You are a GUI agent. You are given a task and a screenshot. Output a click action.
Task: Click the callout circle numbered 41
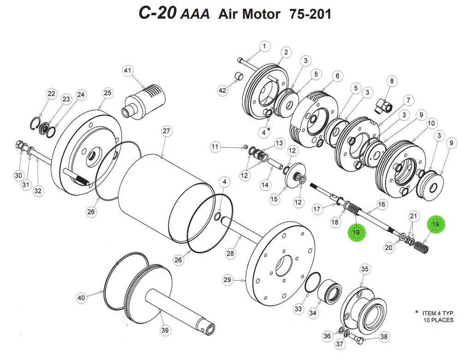click(x=127, y=71)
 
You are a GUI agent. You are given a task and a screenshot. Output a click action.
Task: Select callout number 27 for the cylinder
click(x=166, y=131)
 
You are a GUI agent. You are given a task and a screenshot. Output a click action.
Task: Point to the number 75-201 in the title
click(x=310, y=14)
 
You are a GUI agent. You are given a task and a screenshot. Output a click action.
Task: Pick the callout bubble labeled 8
click(x=391, y=82)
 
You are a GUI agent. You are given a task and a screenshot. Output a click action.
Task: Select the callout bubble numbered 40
click(x=81, y=298)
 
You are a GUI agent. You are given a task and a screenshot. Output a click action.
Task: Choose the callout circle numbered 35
click(x=365, y=269)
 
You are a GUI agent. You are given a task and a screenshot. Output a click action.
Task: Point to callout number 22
click(x=51, y=94)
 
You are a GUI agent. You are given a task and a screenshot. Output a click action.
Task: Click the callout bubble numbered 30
click(x=18, y=175)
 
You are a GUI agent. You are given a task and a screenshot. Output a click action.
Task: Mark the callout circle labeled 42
click(x=223, y=91)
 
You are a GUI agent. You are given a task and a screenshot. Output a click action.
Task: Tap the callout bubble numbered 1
click(x=265, y=46)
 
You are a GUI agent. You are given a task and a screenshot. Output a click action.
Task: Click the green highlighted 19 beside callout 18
click(x=356, y=232)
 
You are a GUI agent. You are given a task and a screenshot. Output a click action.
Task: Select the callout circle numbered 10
click(x=431, y=124)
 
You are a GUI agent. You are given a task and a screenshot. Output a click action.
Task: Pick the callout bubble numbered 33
click(x=298, y=308)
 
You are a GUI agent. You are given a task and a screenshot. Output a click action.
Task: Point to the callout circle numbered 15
click(x=274, y=199)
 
